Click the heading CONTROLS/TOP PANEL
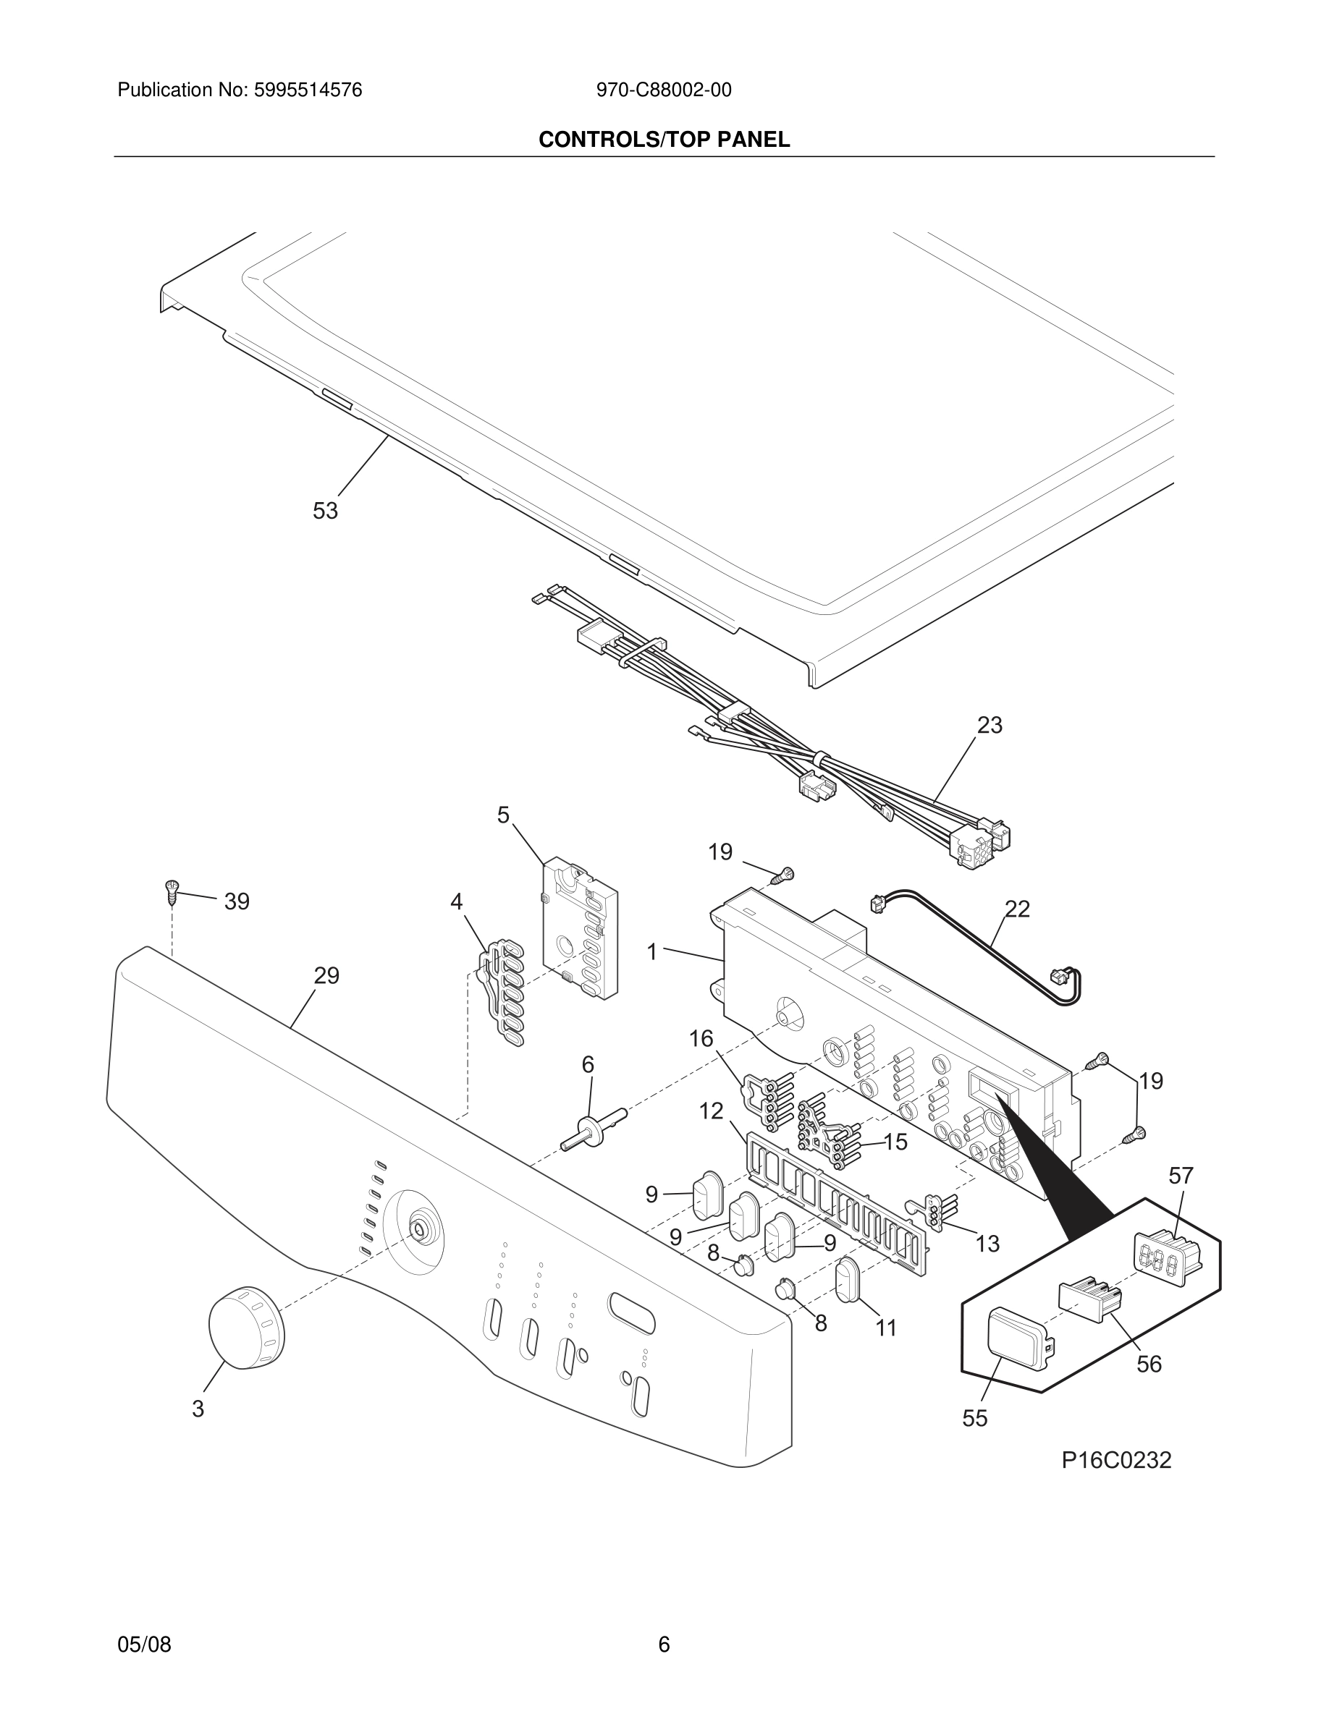[664, 140]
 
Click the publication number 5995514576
[307, 90]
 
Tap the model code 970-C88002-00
[664, 90]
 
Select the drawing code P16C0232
[1116, 1460]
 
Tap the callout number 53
[325, 512]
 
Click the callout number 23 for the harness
[990, 725]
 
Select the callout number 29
[326, 976]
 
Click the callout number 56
[1149, 1364]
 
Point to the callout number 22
[1017, 909]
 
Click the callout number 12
[711, 1111]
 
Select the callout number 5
[503, 815]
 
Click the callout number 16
[701, 1039]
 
